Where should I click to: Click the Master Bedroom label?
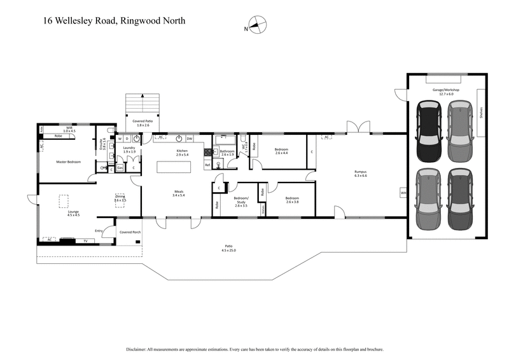(x=68, y=162)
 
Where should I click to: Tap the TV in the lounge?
(x=85, y=241)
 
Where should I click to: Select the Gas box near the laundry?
(x=119, y=167)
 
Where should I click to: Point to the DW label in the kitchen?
(x=190, y=138)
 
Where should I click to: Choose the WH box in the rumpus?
(x=403, y=192)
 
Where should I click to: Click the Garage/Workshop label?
(x=445, y=90)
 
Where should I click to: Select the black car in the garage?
(x=429, y=133)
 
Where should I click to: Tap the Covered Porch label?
(x=130, y=232)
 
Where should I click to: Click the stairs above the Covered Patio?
(x=141, y=103)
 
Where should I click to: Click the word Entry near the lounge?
(x=99, y=230)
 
